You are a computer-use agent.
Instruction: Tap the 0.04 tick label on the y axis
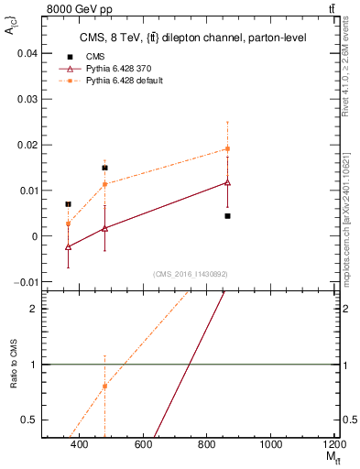26,53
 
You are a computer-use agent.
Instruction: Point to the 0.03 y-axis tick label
26,99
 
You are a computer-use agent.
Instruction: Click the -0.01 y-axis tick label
24,281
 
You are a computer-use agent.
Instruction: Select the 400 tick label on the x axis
80,444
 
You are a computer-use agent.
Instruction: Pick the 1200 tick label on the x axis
335,444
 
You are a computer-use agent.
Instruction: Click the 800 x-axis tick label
207,444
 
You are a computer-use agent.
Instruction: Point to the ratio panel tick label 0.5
29,420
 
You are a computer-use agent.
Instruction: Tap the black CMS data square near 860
227,216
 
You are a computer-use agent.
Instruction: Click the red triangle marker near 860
227,182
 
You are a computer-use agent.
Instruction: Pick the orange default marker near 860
227,148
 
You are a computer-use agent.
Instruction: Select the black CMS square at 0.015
104,168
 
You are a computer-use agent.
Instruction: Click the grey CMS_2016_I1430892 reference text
190,274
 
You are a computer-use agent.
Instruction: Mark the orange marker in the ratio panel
104,386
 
